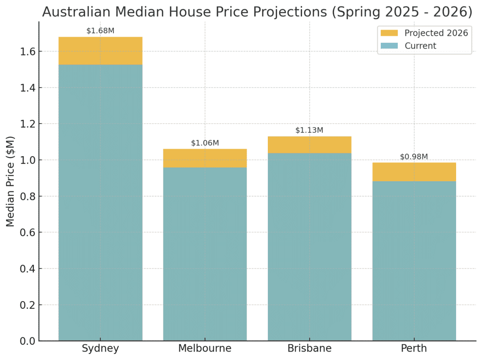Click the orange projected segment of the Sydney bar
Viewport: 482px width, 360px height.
tap(100, 51)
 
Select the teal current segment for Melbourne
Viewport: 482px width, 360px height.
tap(205, 254)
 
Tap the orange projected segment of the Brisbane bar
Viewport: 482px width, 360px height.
tap(309, 144)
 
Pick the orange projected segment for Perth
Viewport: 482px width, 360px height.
tap(414, 172)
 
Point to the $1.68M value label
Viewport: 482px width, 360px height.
tap(100, 31)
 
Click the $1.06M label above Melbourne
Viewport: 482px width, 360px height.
tap(205, 143)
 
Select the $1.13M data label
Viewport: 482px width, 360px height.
tap(309, 130)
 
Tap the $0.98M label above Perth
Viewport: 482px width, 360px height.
tap(414, 157)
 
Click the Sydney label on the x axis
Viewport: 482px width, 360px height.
tap(100, 349)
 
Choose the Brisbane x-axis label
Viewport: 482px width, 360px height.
tap(309, 349)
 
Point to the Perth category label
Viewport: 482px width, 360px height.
tap(414, 349)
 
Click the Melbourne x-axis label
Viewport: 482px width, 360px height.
tap(205, 349)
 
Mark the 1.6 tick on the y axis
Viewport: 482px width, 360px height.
tap(26, 51)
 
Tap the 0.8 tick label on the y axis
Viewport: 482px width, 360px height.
tap(26, 196)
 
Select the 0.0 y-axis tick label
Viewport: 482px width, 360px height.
tap(26, 341)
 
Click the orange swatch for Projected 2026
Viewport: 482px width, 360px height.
tap(389, 33)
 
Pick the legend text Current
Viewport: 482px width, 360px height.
tap(420, 46)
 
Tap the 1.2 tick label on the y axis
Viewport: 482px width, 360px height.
tap(26, 124)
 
